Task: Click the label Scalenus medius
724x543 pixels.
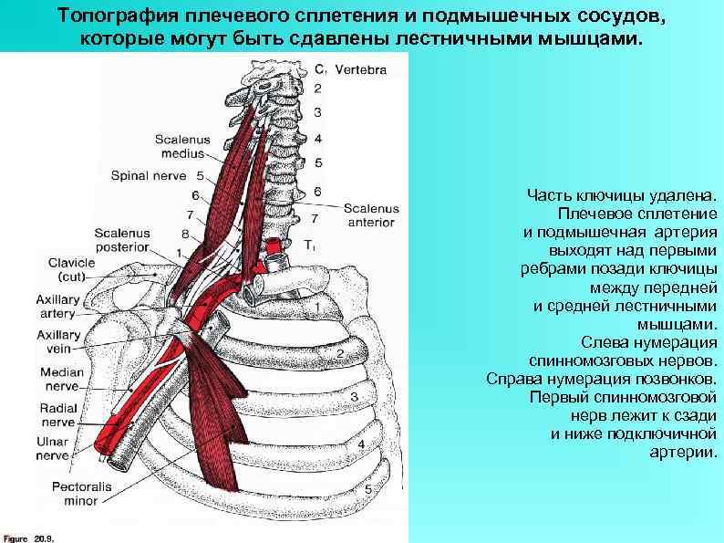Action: pyautogui.click(x=182, y=146)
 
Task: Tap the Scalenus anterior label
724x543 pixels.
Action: pyautogui.click(x=368, y=214)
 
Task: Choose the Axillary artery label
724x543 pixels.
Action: pyautogui.click(x=57, y=306)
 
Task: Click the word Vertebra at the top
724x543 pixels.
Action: pyautogui.click(x=360, y=68)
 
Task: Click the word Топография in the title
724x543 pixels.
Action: pyautogui.click(x=118, y=16)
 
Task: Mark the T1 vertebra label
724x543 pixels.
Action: pyautogui.click(x=310, y=245)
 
